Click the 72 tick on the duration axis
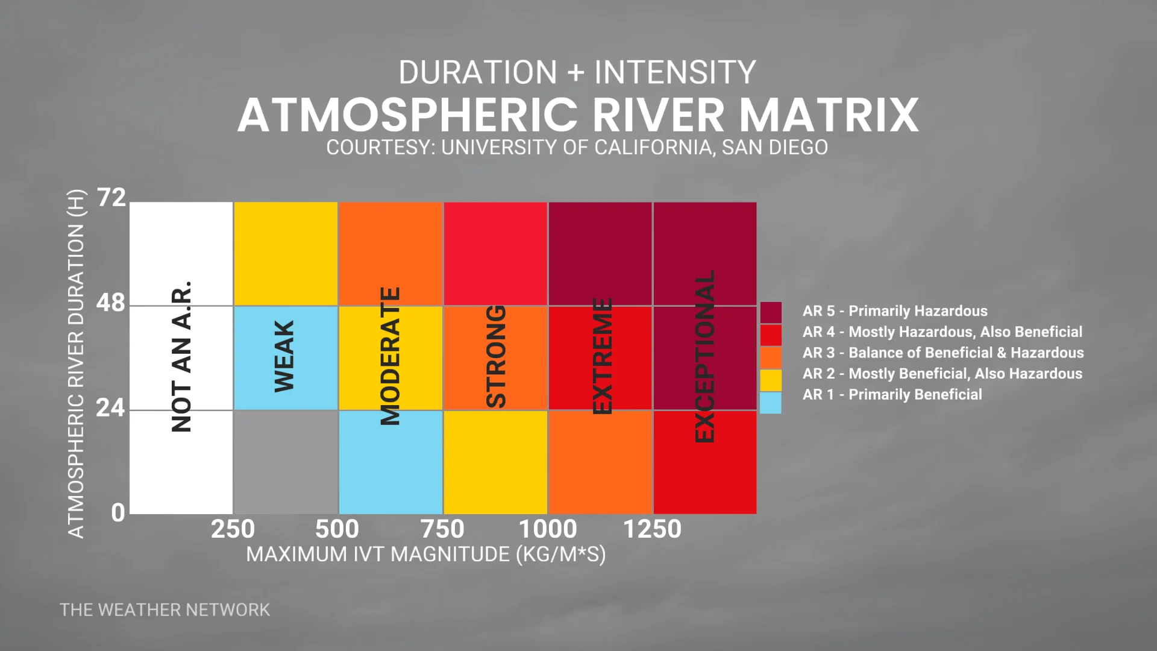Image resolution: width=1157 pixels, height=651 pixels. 111,198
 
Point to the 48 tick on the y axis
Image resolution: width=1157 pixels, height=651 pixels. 111,303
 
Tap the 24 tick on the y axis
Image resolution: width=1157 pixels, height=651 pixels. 111,409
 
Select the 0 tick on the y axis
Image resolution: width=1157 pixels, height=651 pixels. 118,513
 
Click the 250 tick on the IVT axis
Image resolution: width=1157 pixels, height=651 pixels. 233,530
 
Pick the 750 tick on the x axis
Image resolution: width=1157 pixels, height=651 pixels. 442,530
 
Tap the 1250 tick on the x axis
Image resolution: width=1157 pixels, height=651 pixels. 652,530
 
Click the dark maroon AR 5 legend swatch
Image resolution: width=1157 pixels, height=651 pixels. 771,312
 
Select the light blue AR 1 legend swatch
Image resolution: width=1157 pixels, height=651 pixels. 771,403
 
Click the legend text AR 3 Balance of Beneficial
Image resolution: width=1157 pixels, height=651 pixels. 943,353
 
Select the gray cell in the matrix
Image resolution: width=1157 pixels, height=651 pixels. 285,462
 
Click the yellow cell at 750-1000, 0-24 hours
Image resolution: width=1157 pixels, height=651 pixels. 495,462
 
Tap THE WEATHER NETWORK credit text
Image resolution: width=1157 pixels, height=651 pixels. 165,610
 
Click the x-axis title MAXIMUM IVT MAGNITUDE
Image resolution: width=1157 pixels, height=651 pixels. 425,554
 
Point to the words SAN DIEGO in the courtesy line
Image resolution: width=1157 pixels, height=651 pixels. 775,148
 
